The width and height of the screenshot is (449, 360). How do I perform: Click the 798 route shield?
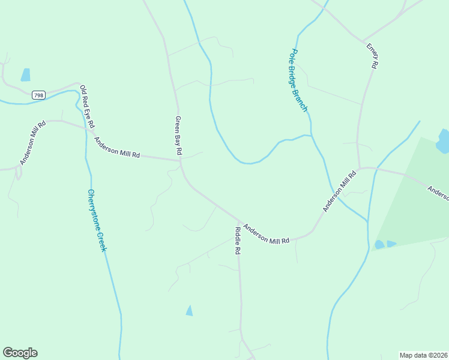pyautogui.click(x=39, y=95)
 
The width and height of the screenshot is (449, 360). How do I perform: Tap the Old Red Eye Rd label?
pyautogui.click(x=87, y=106)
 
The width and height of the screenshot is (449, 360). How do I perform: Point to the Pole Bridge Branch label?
pyautogui.click(x=299, y=80)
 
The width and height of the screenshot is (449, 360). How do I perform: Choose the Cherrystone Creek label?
pyautogui.click(x=97, y=220)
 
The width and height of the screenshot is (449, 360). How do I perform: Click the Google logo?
pyautogui.click(x=20, y=353)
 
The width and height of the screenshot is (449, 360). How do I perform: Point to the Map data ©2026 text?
pyautogui.click(x=423, y=355)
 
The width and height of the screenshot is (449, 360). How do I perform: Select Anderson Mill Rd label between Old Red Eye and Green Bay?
pyautogui.click(x=116, y=148)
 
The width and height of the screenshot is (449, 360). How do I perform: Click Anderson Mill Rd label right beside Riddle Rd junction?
pyautogui.click(x=267, y=233)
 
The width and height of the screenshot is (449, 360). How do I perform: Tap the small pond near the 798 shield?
pyautogui.click(x=25, y=75)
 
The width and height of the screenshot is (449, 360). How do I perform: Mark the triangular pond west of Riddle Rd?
pyautogui.click(x=190, y=311)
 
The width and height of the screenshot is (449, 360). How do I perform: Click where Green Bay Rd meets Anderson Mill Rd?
pyautogui.click(x=180, y=160)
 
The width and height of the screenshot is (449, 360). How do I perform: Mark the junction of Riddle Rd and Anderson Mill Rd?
pyautogui.click(x=240, y=221)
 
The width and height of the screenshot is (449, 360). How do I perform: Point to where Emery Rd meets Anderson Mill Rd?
pyautogui.click(x=359, y=168)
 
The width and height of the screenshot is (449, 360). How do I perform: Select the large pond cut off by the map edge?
pyautogui.click(x=443, y=141)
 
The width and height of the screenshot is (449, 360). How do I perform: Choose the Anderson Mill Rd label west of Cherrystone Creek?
pyautogui.click(x=33, y=143)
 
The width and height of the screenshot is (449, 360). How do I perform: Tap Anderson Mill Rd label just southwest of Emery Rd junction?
pyautogui.click(x=340, y=191)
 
